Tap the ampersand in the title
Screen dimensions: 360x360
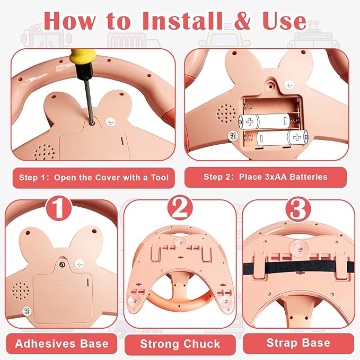(242, 21)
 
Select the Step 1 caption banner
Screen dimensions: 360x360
(94, 178)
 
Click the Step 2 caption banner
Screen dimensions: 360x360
(266, 177)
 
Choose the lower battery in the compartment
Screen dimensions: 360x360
(282, 138)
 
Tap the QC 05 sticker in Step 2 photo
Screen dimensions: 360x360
(233, 136)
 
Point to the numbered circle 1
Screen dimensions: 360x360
(59, 208)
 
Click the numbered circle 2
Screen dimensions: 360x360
(180, 208)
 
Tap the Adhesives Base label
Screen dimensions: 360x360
(62, 344)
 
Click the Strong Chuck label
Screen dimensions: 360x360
(180, 344)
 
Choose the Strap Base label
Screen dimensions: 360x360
(298, 343)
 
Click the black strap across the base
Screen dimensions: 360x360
(298, 267)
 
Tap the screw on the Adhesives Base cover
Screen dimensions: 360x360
(62, 265)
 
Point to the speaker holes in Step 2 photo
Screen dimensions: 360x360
(226, 113)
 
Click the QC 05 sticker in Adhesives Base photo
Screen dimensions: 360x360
(28, 310)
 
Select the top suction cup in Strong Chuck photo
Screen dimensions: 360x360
(180, 242)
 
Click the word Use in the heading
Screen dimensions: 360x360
(284, 21)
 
